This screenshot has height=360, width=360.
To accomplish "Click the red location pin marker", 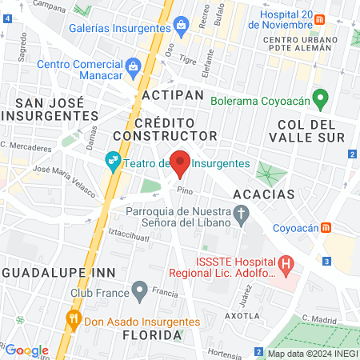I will [x=181, y=162].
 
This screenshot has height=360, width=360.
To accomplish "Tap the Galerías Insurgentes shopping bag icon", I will [x=182, y=25].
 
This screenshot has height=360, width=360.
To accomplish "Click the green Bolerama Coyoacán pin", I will [x=322, y=100].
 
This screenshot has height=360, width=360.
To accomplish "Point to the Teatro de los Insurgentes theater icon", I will [x=113, y=162].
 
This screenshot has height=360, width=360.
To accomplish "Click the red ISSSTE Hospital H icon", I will [x=286, y=262].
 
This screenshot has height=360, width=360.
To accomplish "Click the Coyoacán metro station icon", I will [x=326, y=227].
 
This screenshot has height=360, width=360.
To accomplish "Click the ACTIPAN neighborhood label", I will [x=169, y=94].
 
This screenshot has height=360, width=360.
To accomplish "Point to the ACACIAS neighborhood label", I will [x=264, y=194].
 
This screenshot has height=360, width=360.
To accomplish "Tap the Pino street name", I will [x=186, y=190].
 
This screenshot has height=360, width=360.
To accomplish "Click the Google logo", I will [x=26, y=350].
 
